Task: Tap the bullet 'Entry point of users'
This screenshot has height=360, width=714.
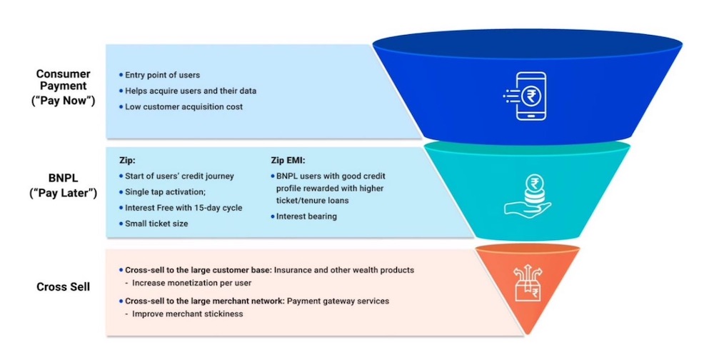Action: tap(162, 75)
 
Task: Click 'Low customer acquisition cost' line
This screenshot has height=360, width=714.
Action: tap(183, 107)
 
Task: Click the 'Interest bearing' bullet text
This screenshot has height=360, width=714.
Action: tap(306, 216)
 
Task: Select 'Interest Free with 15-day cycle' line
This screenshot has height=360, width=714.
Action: tap(183, 208)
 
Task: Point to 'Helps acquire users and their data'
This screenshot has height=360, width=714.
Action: tap(191, 91)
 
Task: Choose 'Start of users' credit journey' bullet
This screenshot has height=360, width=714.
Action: tap(179, 176)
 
